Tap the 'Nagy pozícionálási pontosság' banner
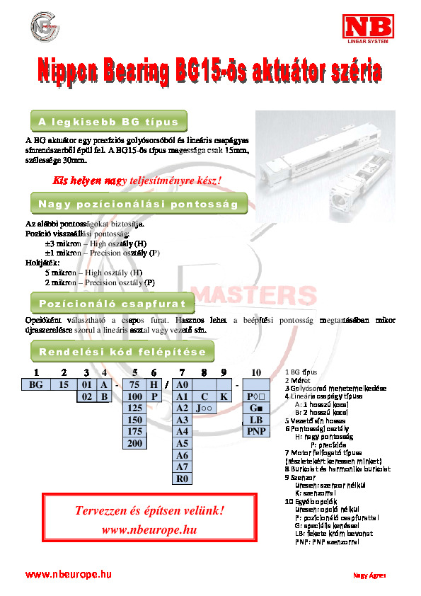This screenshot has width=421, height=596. (138, 205)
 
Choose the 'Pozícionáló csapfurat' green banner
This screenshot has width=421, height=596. (112, 302)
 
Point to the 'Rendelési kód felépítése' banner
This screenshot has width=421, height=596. (122, 352)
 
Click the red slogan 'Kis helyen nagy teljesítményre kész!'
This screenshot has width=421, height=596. (137, 180)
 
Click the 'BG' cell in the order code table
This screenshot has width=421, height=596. (35, 384)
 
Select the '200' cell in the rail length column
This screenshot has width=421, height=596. (134, 443)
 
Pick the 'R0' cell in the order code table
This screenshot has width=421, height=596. (182, 478)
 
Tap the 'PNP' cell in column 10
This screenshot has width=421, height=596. (256, 431)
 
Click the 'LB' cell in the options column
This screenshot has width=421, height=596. (256, 420)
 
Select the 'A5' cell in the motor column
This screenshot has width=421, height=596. (182, 443)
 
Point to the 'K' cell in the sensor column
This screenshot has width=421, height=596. (223, 396)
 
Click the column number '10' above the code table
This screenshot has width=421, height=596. (256, 372)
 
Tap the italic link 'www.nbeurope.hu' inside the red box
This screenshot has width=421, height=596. (149, 529)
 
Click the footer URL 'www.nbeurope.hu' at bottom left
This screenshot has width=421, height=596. (69, 574)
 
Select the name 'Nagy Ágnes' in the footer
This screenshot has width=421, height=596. (369, 575)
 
